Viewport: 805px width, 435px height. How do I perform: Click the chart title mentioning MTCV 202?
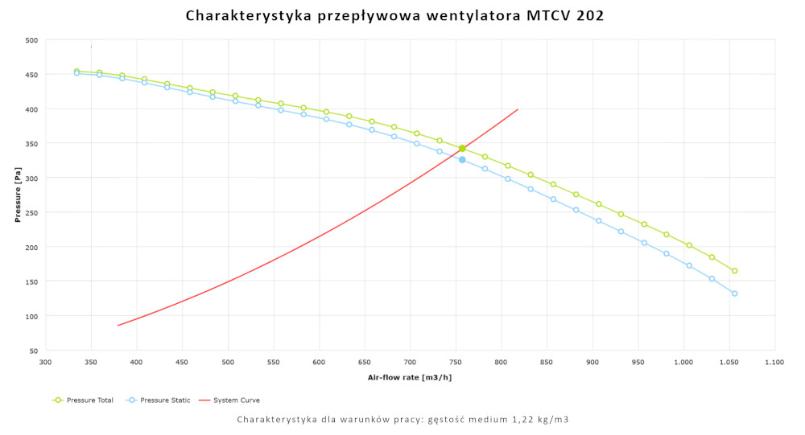[x=394, y=15]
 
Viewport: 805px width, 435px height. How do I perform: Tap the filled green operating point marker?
[x=462, y=149]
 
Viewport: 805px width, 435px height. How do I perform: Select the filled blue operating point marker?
[x=462, y=160]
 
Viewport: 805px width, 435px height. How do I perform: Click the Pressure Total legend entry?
[x=85, y=400]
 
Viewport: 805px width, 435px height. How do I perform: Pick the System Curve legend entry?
[x=234, y=400]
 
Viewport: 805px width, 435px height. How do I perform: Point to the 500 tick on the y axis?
[x=31, y=40]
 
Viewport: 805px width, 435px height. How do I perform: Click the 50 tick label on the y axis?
[x=33, y=351]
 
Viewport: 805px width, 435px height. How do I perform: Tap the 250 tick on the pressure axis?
[x=31, y=212]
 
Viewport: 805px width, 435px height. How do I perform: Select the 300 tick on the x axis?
[x=45, y=363]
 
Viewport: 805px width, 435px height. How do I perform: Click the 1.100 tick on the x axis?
[x=774, y=363]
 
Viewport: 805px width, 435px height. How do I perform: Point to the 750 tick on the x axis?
[x=456, y=363]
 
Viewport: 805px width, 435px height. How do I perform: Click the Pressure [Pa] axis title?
[x=17, y=195]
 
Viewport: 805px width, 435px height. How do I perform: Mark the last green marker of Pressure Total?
[x=734, y=271]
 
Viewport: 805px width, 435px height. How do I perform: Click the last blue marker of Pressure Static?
[x=734, y=293]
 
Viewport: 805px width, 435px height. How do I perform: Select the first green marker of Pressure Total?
[x=76, y=71]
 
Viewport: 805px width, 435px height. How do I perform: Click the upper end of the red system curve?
[x=518, y=109]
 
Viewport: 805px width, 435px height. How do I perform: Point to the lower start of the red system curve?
[x=118, y=326]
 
